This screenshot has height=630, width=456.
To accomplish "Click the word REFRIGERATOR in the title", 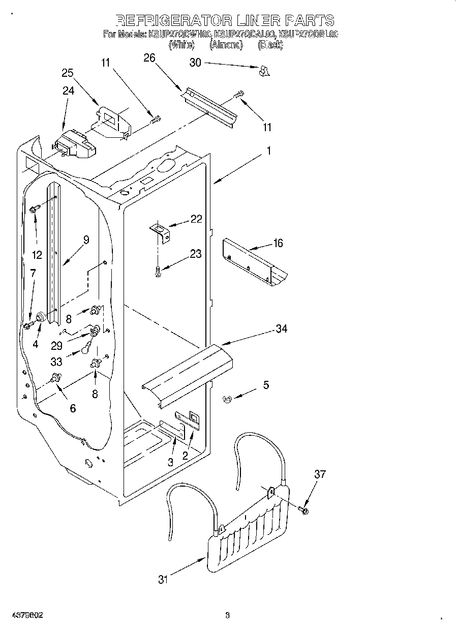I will pyautogui.click(x=173, y=20).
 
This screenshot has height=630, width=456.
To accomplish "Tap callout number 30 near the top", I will pyautogui.click(x=195, y=63).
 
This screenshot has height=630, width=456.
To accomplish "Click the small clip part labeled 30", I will pyautogui.click(x=263, y=72).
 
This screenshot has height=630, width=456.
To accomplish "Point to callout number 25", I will pyautogui.click(x=68, y=73).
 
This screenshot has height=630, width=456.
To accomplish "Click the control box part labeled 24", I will pyautogui.click(x=74, y=144).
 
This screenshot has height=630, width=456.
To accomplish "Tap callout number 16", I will pyautogui.click(x=278, y=243).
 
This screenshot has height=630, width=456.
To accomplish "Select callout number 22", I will pyautogui.click(x=196, y=219).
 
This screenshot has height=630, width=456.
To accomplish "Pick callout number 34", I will pyautogui.click(x=281, y=329).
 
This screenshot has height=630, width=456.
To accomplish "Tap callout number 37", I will pyautogui.click(x=319, y=474).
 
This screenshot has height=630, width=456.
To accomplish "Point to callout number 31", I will pyautogui.click(x=162, y=579).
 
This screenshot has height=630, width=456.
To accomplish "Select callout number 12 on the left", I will pyautogui.click(x=37, y=254).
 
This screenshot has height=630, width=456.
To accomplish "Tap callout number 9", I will pyautogui.click(x=86, y=240).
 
